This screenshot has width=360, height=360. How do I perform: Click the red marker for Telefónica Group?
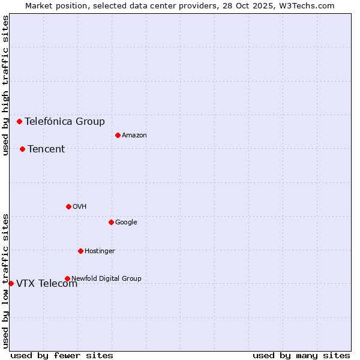coord(19,121)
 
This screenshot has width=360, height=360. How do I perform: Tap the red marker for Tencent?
coord(22,149)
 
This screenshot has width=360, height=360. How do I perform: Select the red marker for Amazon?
coord(118,135)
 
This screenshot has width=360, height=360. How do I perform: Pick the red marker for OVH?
coord(68,206)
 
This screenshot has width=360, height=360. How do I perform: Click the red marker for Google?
coord(111,222)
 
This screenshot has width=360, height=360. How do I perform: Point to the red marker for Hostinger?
coord(80,251)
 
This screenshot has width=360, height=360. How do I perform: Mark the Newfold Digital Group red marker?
coord(67,278)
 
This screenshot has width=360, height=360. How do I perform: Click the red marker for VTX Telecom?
coord(11,283)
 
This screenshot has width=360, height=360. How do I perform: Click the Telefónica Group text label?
coord(64,121)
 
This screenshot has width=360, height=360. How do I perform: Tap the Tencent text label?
coord(46,149)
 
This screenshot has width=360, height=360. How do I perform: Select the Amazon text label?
coord(134,135)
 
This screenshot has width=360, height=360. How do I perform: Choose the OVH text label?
coord(80,206)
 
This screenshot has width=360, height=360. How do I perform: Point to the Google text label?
coord(126,222)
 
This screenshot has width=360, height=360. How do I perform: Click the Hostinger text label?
coord(100,251)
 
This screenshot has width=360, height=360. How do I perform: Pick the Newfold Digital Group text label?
coord(106,278)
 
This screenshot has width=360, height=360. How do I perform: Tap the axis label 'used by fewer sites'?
coord(62,355)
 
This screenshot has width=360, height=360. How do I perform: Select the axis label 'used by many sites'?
coord(301,355)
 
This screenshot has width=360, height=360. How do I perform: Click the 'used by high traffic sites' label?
coord(5,85)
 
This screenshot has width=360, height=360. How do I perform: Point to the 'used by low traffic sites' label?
coord(5,280)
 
